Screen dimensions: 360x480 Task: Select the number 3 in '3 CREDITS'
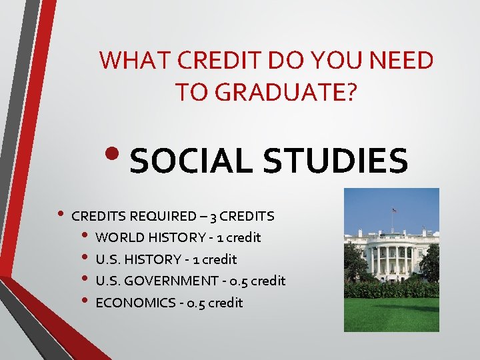coord(212,216)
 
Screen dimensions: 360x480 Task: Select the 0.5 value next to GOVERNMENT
coord(238,281)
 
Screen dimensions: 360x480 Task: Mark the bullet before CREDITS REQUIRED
coord(61,215)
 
